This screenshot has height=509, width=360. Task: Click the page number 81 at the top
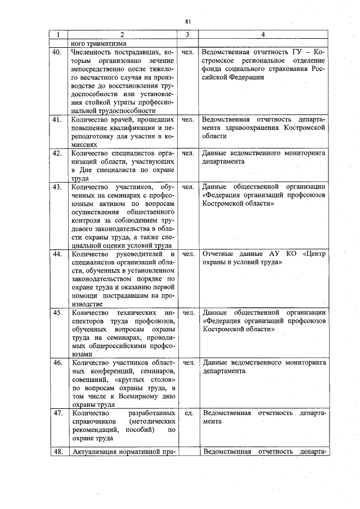coord(188,21)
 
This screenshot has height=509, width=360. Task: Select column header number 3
coord(188,35)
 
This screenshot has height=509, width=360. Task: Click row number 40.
coord(57,52)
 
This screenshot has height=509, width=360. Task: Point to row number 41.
coord(57,120)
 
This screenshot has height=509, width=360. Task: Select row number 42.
coord(57,153)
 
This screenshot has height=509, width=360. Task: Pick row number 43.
coord(57,187)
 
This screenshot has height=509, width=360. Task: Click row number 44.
coord(57,254)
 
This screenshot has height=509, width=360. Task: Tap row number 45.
coord(57,312)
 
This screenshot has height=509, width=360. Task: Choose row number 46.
coord(57,363)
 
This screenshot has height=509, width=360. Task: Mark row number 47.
coord(57,413)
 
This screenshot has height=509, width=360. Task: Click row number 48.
coord(57,452)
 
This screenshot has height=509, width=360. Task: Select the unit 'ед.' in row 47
coord(188,413)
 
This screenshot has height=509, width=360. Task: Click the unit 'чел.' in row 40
coord(188,52)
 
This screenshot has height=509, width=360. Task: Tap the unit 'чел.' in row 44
coord(188,254)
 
